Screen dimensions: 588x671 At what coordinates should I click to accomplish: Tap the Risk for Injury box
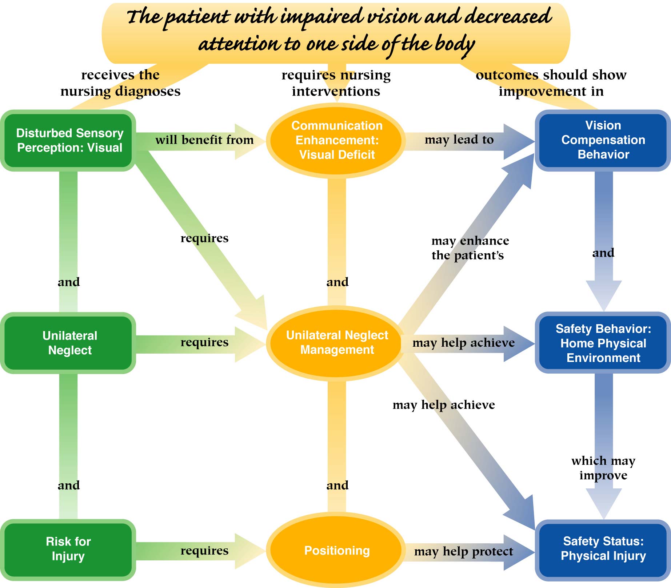pos(68,549)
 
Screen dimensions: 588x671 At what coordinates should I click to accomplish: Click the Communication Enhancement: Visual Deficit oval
pos(337,140)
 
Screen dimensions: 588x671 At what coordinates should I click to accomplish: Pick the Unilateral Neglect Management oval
pos(337,342)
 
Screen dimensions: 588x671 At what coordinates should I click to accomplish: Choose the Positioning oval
pos(337,551)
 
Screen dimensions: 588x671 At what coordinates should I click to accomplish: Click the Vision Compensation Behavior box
pos(603,140)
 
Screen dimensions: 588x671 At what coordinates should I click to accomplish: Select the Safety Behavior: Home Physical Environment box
pos(603,343)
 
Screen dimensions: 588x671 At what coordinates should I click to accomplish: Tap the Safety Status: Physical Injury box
pos(603,549)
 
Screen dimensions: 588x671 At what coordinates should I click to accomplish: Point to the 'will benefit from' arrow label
pos(204,140)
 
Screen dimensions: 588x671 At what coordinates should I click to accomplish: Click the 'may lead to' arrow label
pos(459,140)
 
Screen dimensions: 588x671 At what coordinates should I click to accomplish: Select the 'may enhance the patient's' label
pos(469,248)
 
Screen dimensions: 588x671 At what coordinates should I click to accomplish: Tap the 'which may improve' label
pos(603,468)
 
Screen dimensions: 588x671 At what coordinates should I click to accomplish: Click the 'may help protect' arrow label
pos(463,551)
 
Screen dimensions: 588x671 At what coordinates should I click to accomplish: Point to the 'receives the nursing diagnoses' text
pos(120,83)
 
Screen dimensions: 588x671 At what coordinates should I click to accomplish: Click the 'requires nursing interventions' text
pos(336,83)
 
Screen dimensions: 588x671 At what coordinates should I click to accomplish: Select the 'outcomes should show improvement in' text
pos(551,83)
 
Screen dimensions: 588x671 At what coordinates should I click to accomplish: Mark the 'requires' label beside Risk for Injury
pos(204,551)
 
